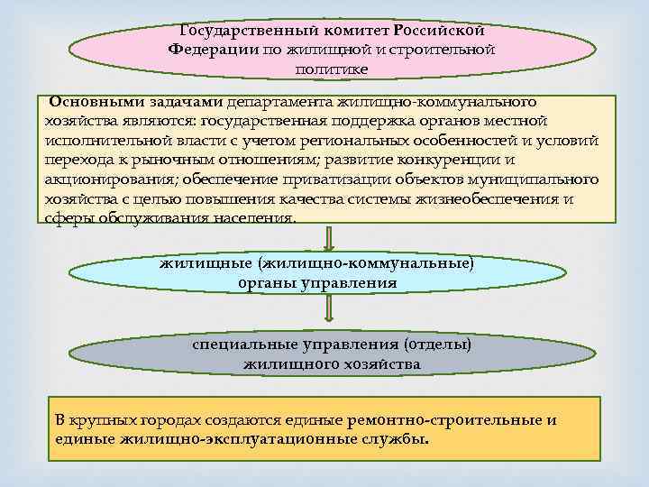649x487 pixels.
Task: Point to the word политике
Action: (331, 69)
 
